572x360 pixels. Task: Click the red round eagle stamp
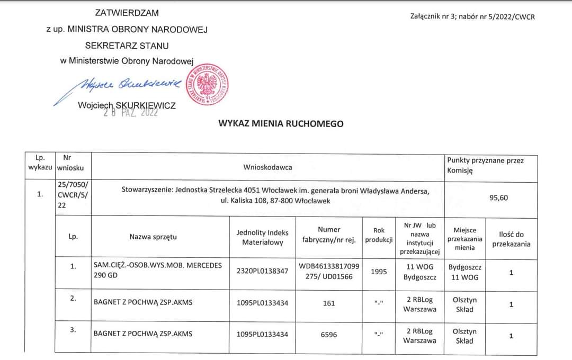pyautogui.click(x=211, y=85)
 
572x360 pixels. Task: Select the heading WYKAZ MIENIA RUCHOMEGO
pyautogui.click(x=281, y=124)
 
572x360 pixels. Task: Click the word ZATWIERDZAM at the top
pyautogui.click(x=127, y=13)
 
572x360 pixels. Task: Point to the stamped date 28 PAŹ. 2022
pyautogui.click(x=131, y=112)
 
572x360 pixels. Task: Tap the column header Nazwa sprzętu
pyautogui.click(x=153, y=237)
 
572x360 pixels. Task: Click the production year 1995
pyautogui.click(x=379, y=272)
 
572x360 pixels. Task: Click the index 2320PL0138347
pyautogui.click(x=262, y=271)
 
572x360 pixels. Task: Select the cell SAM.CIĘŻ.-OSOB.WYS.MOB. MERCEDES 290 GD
pyautogui.click(x=157, y=271)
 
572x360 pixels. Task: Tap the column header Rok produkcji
pyautogui.click(x=379, y=235)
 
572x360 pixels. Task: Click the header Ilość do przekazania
pyautogui.click(x=511, y=239)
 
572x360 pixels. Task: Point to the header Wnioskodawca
pyautogui.click(x=267, y=167)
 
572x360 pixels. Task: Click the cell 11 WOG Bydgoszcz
pyautogui.click(x=419, y=272)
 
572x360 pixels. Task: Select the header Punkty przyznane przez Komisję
pyautogui.click(x=485, y=165)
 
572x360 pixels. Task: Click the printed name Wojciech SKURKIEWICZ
pyautogui.click(x=127, y=105)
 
